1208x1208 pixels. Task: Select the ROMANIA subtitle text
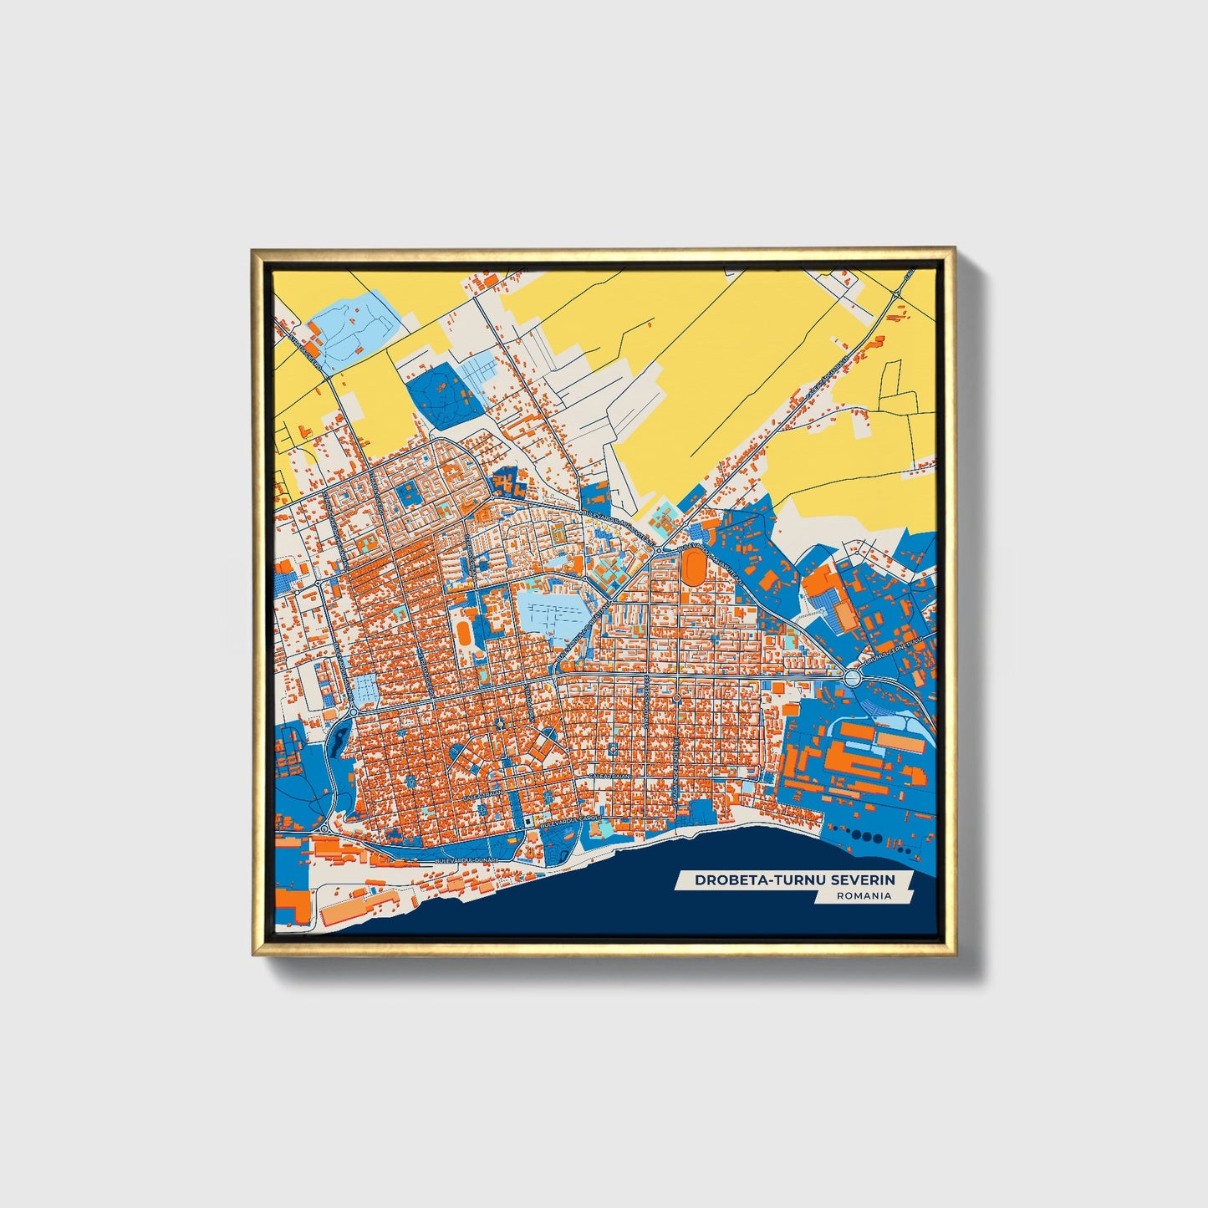point(863,896)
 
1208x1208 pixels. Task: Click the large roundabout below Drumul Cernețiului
point(853,678)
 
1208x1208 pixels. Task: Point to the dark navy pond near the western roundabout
point(339,737)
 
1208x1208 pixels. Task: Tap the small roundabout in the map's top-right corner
point(896,294)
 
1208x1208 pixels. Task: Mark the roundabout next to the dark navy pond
point(353,711)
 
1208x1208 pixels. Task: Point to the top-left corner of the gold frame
point(254,250)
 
